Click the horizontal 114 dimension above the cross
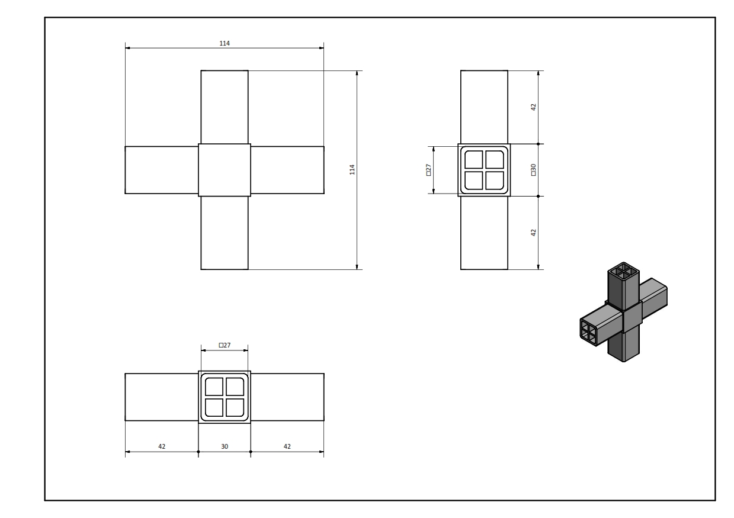pyautogui.click(x=225, y=43)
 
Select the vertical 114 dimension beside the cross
pyautogui.click(x=352, y=170)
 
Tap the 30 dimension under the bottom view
pyautogui.click(x=225, y=446)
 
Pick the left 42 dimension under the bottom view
pyautogui.click(x=162, y=446)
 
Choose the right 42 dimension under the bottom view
pyautogui.click(x=287, y=446)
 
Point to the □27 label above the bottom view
pyautogui.click(x=225, y=345)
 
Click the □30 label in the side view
pyautogui.click(x=533, y=170)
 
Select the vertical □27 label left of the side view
pyautogui.click(x=428, y=170)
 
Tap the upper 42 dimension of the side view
pyautogui.click(x=533, y=107)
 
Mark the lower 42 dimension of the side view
pyautogui.click(x=533, y=233)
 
